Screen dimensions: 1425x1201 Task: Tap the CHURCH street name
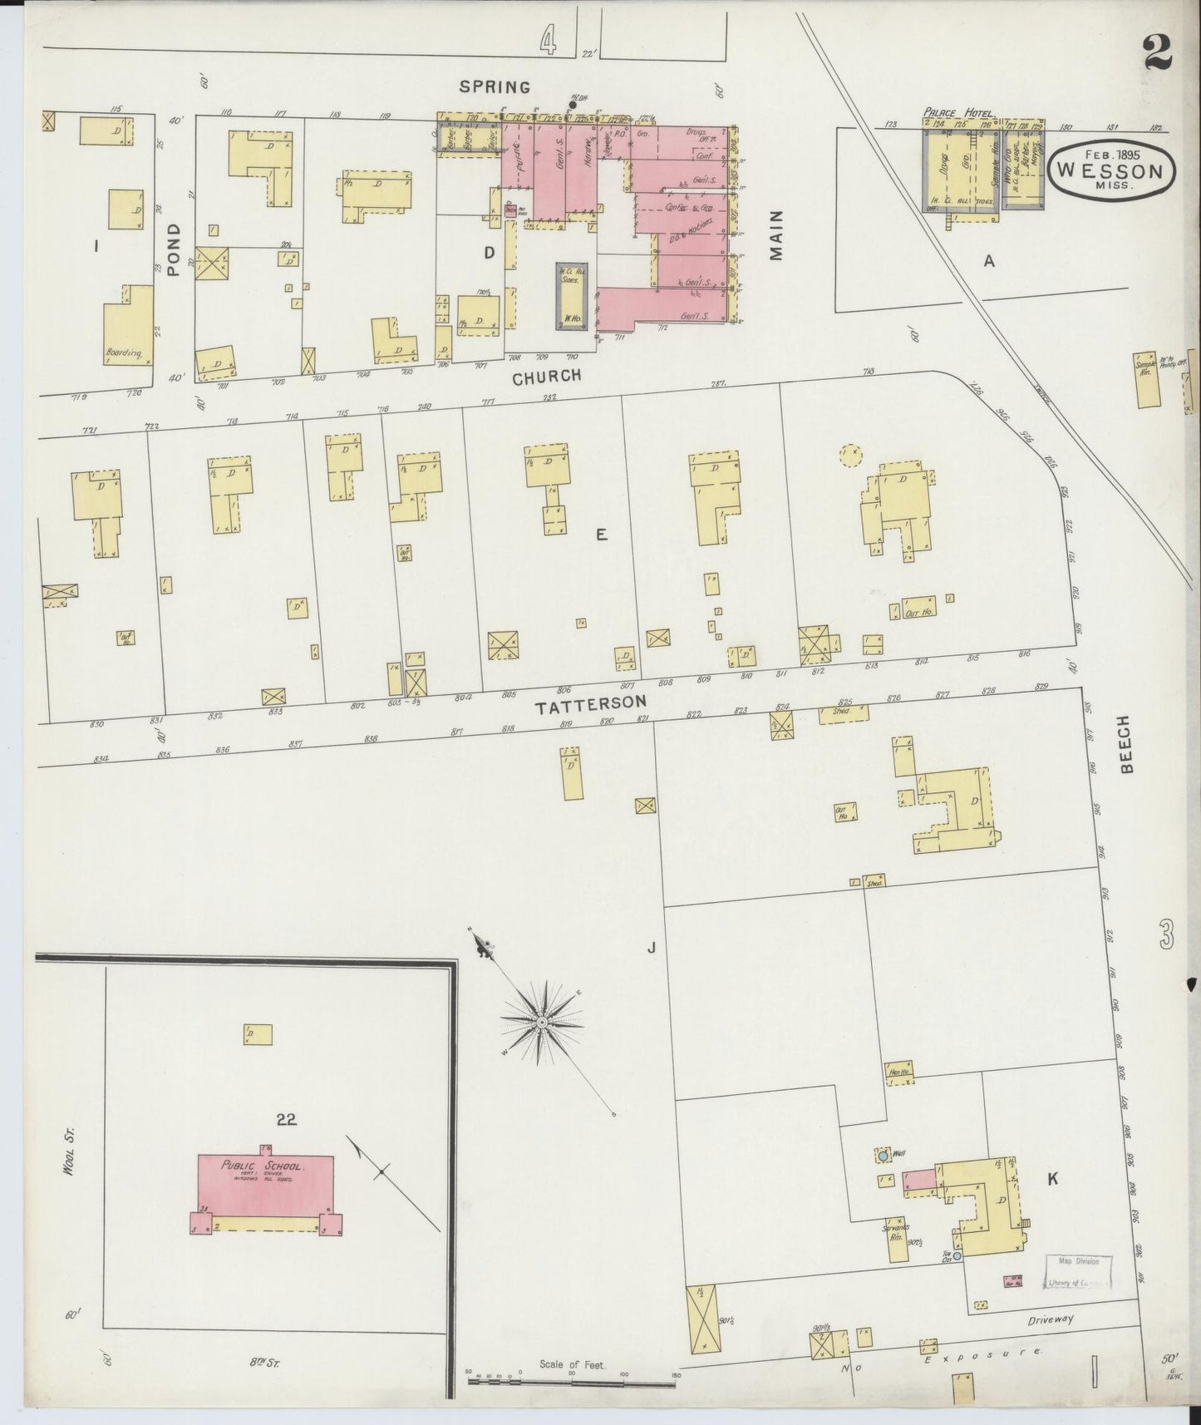pos(546,377)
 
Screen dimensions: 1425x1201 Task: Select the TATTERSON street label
pos(590,705)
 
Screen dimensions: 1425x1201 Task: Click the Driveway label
pos(1051,1319)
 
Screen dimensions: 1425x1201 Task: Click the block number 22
pos(287,1119)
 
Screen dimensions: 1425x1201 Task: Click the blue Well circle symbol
pos(882,1156)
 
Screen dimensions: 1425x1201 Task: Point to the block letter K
pos(1052,1178)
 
